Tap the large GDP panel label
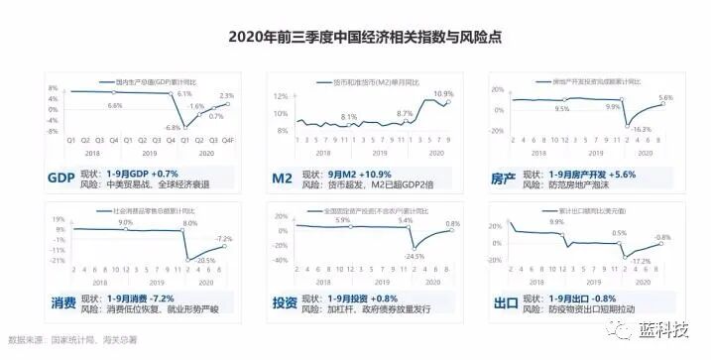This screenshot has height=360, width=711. (61, 179)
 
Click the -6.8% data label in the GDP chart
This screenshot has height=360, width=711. (174, 127)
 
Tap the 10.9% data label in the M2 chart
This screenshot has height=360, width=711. (442, 93)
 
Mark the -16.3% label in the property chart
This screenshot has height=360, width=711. (641, 129)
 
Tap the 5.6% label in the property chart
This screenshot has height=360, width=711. (665, 97)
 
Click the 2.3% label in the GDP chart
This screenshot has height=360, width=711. (226, 95)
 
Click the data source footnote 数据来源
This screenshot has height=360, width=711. (65, 338)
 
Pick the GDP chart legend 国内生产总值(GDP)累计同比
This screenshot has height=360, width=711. (157, 80)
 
